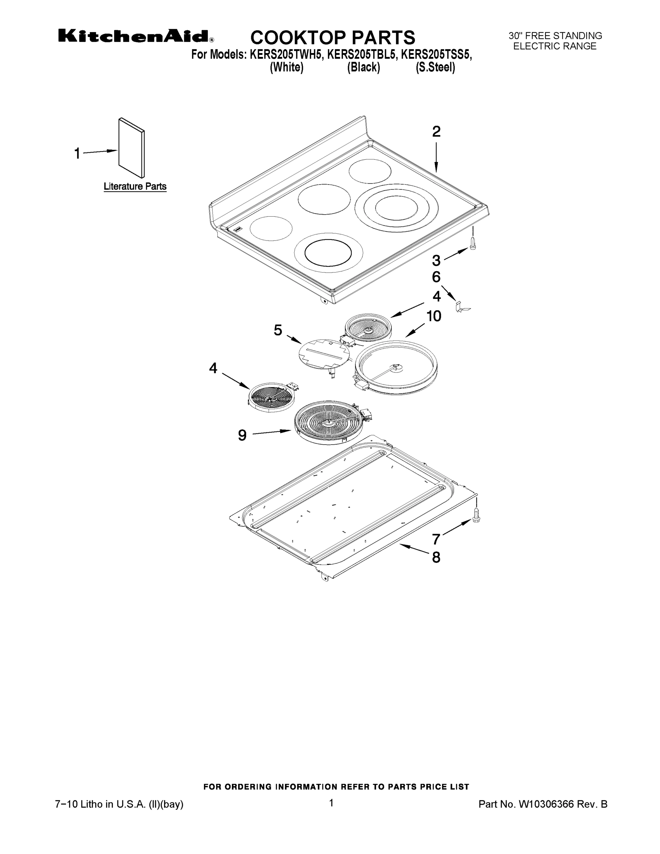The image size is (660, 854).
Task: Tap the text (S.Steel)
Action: [x=435, y=68]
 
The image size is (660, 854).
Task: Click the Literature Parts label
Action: [x=135, y=186]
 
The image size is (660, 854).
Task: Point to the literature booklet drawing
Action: [x=132, y=148]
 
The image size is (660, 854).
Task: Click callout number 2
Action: [x=436, y=131]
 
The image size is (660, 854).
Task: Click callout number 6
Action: [x=436, y=277]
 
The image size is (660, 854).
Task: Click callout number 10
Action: [x=434, y=316]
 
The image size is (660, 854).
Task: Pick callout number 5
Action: [x=278, y=331]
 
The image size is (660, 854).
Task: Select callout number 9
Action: [x=242, y=435]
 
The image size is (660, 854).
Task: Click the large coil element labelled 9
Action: [x=331, y=422]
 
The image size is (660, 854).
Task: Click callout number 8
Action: [x=436, y=557]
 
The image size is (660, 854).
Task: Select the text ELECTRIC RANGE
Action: [x=554, y=46]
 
